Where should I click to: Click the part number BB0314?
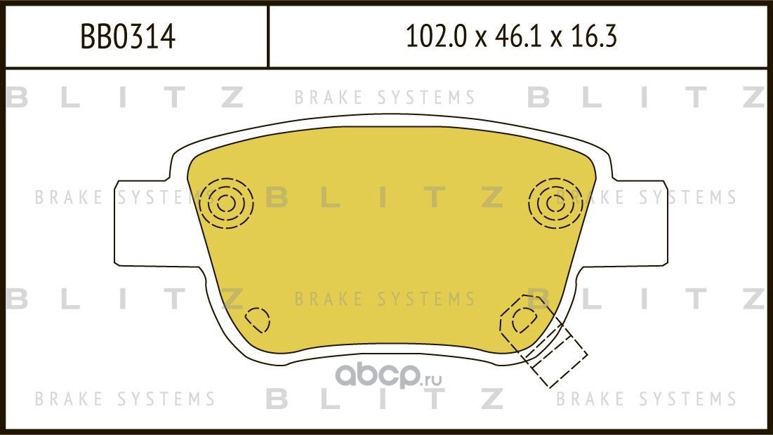tap(128, 37)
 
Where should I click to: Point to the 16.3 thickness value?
tap(594, 37)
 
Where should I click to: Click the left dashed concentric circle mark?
tap(225, 203)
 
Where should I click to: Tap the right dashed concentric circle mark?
tap(556, 203)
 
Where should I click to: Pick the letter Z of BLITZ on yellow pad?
tap(493, 199)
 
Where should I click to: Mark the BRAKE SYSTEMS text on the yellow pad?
tap(385, 300)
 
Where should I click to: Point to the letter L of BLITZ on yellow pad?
tap(331, 199)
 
